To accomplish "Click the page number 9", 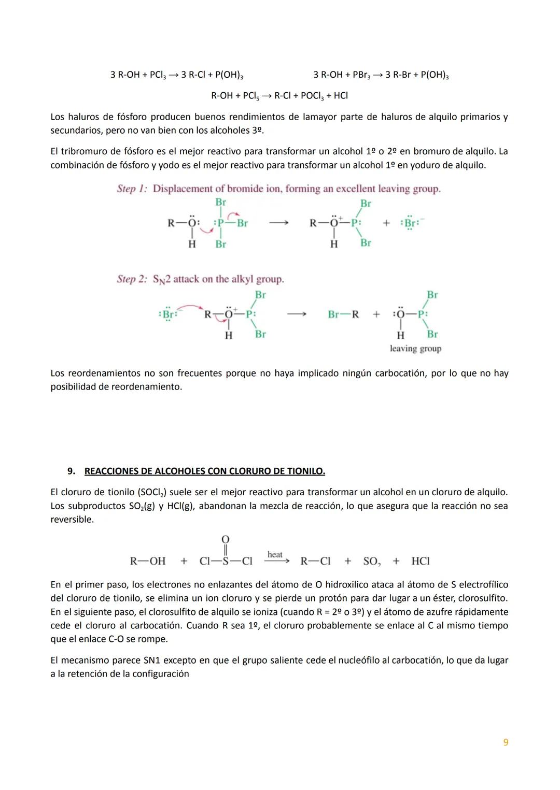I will (506, 742).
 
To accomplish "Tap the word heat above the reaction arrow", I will (275, 554).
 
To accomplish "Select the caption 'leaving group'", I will (415, 349).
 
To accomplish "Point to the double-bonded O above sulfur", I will (226, 540).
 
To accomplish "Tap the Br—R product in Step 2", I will (343, 314).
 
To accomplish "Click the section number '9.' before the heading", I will (72, 471).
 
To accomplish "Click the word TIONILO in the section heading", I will (305, 471).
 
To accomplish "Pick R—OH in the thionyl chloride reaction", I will (148, 561).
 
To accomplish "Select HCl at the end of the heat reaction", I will (421, 561).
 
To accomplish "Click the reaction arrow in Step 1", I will (278, 223).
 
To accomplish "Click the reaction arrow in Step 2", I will (297, 314).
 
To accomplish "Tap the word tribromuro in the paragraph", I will (83, 152).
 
